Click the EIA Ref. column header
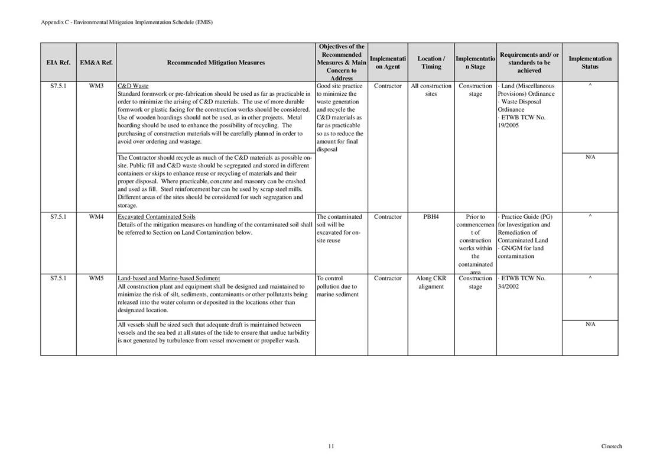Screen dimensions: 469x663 point(58,62)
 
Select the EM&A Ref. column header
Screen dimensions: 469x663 point(96,62)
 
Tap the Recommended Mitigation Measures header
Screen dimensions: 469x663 point(216,62)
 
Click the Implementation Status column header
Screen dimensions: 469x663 point(590,62)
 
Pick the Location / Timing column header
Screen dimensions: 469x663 point(431,62)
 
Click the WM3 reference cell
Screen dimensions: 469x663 point(96,86)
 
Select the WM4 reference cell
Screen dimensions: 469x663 point(96,216)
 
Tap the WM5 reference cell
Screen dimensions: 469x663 point(96,278)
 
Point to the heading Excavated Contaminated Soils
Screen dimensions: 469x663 point(157,216)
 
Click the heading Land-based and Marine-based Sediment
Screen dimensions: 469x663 point(168,278)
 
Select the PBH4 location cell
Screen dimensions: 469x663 point(431,216)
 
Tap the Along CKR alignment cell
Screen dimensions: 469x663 point(431,282)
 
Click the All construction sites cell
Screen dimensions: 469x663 point(431,90)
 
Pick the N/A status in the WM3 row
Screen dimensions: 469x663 point(590,157)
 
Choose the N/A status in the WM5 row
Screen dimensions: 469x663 point(590,324)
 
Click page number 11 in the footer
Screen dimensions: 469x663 point(331,447)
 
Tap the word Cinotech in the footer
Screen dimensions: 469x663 point(612,447)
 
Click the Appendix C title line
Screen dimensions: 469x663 point(126,22)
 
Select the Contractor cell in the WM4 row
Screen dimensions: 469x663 point(388,216)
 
